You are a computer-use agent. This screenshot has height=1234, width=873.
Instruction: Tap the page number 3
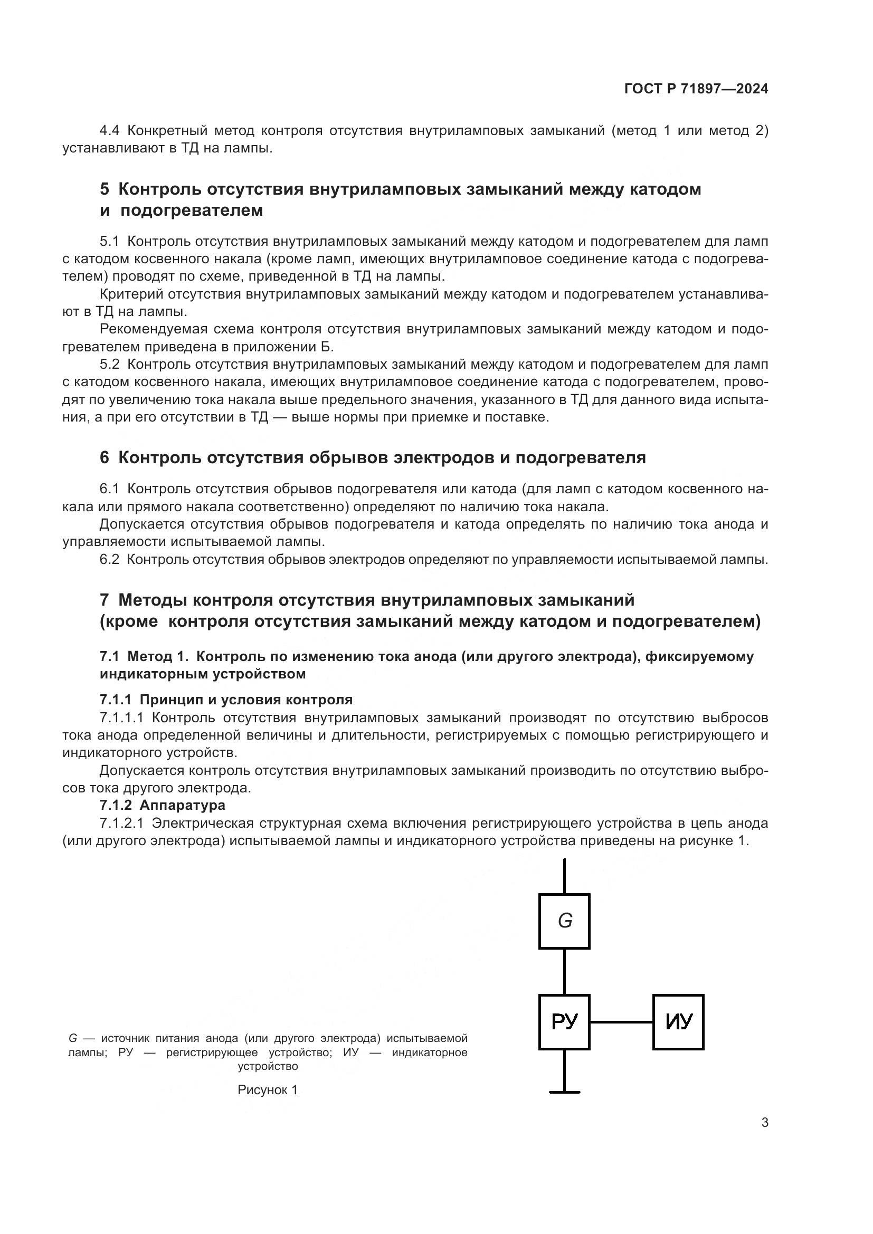tap(764, 1122)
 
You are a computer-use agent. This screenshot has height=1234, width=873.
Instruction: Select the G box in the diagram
tap(564, 921)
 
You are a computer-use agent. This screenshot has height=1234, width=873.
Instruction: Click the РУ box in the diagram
tap(564, 1021)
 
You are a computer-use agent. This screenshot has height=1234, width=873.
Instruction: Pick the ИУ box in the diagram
tap(678, 1021)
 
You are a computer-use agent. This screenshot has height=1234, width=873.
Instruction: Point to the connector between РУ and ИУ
tap(621, 1021)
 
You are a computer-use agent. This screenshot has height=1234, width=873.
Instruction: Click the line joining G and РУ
tap(564, 971)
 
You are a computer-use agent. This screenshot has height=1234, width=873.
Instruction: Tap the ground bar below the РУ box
tap(564, 1092)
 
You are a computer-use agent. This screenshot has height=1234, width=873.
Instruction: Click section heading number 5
tap(105, 189)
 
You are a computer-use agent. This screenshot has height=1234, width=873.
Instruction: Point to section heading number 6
tap(105, 457)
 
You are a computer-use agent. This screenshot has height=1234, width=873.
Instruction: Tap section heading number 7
tap(105, 600)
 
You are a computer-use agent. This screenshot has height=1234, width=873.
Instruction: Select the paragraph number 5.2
tap(109, 365)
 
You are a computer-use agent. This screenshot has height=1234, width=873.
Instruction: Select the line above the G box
tap(564, 876)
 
